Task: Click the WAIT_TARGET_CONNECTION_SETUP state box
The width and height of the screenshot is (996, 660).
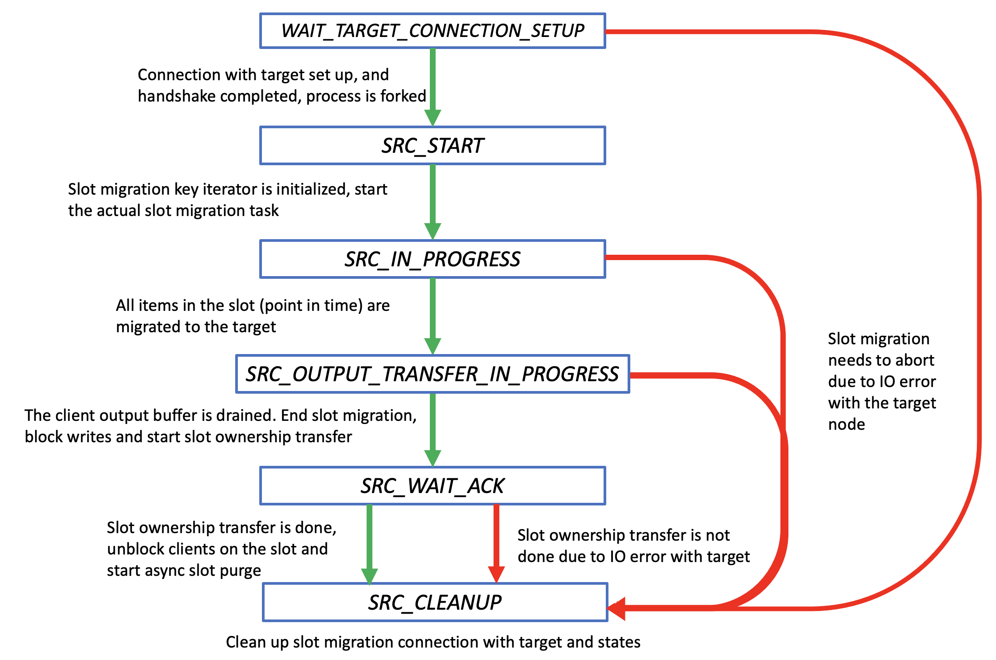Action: coord(432,31)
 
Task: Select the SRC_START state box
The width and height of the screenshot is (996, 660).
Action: coord(432,146)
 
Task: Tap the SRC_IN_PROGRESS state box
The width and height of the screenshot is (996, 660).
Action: coord(432,259)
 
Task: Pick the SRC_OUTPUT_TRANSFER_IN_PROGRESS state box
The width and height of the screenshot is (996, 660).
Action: coord(432,374)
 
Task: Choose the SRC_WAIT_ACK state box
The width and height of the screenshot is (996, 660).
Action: coord(432,486)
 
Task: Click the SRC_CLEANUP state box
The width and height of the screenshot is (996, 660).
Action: coord(435,602)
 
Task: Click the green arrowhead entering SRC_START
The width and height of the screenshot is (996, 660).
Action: coord(433,118)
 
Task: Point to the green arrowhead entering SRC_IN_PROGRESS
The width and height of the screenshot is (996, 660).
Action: coord(433,231)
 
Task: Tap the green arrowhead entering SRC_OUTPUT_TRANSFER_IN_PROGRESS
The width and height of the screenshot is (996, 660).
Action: coord(433,346)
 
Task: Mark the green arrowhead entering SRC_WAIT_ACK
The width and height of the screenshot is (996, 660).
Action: coord(433,458)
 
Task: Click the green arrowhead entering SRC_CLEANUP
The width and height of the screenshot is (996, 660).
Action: coord(369,576)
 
